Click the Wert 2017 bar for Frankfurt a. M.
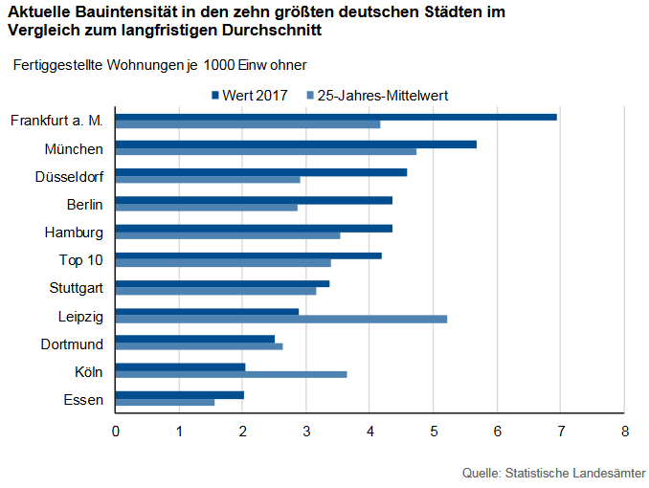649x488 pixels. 336,117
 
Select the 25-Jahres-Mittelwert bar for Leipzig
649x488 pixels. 281,319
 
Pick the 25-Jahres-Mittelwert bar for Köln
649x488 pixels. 231,374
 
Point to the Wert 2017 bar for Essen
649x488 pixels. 180,394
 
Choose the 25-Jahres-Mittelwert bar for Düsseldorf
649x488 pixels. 208,179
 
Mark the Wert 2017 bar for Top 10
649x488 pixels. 249,255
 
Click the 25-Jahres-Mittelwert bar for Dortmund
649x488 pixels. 199,346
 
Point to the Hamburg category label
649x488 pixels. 74,232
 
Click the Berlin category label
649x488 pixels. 84,204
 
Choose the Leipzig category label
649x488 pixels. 80,315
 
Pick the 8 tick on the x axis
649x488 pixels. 624,432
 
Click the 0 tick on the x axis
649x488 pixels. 116,432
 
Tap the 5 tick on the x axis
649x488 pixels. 434,432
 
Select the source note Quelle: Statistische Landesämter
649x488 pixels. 553,473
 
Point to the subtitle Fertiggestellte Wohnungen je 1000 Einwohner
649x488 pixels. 159,64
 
